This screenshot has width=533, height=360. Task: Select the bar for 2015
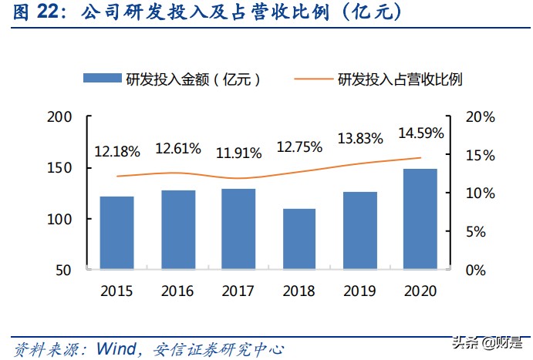point(116,233)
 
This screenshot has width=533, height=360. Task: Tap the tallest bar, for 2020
point(420,219)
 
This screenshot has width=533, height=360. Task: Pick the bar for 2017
point(238,229)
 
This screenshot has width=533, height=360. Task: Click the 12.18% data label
point(117,152)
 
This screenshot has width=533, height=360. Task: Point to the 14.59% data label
point(421,133)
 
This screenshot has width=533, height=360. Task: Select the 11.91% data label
point(238,153)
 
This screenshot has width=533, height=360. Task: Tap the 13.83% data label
point(360,139)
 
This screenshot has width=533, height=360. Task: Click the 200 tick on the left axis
point(59,117)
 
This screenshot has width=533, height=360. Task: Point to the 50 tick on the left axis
point(63,271)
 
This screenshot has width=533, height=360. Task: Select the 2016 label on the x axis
point(177,291)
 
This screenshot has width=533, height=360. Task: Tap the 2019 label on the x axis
point(359,291)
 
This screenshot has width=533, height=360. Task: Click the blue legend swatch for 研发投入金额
point(102,78)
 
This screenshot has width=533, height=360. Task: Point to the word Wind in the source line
point(117,348)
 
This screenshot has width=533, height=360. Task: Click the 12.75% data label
point(299,146)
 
